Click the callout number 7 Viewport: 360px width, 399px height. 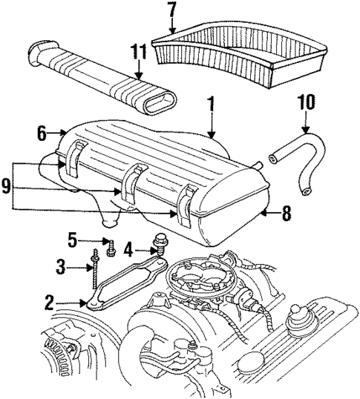[171, 11]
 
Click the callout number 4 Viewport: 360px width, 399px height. [129, 248]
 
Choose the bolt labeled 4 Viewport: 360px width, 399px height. [158, 243]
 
